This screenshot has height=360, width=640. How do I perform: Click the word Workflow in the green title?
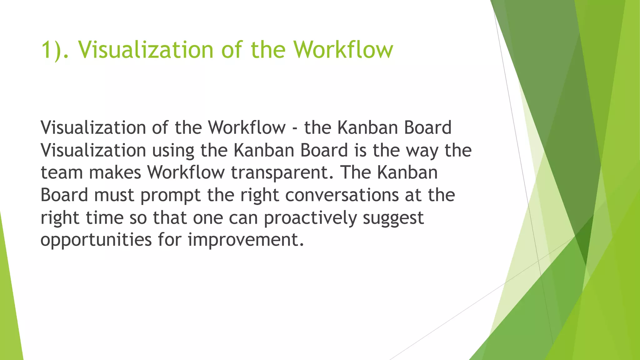click(343, 50)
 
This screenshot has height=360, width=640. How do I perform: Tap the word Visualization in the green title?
click(145, 50)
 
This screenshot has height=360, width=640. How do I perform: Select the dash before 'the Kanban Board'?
click(295, 128)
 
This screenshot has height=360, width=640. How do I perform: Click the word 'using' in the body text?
click(173, 151)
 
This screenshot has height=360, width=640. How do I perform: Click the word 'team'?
click(61, 173)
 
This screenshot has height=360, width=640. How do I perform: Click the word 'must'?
click(114, 195)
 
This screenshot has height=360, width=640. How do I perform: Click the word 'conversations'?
click(342, 195)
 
